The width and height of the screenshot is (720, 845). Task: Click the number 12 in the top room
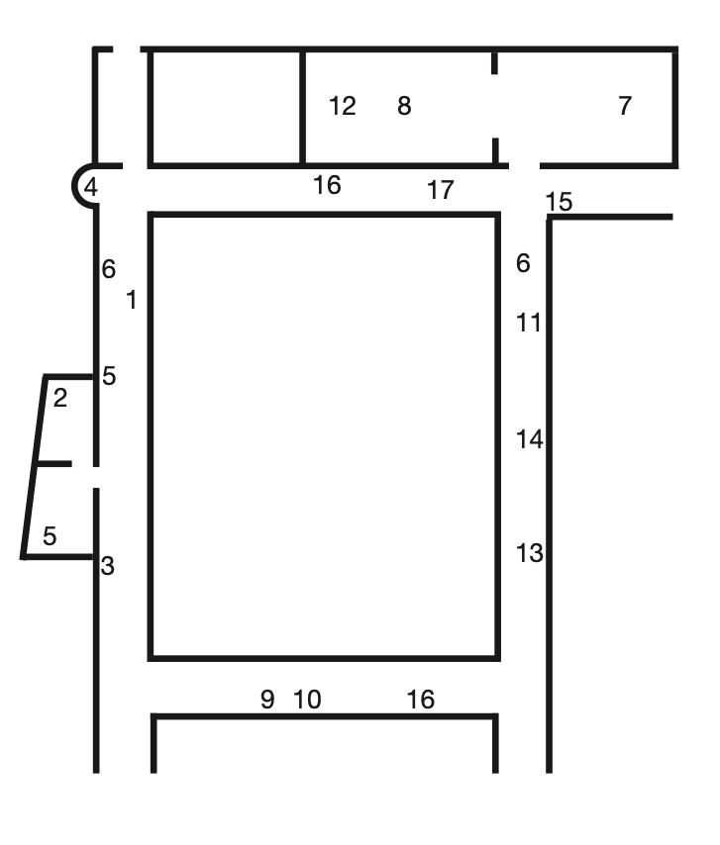pyautogui.click(x=343, y=106)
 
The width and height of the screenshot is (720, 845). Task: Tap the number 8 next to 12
pyautogui.click(x=404, y=106)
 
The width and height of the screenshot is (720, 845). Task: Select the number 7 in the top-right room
pyautogui.click(x=625, y=106)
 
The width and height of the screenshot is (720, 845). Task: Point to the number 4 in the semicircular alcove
pyautogui.click(x=90, y=187)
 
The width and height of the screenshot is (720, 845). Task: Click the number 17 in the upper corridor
pyautogui.click(x=441, y=190)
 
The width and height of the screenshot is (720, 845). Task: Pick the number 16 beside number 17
pyautogui.click(x=328, y=185)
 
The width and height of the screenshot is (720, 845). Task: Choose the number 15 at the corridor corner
pyautogui.click(x=559, y=202)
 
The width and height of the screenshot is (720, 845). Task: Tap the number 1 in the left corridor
pyautogui.click(x=131, y=300)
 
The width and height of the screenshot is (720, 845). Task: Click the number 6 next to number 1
pyautogui.click(x=109, y=269)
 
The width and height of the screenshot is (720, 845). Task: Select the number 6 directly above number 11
pyautogui.click(x=523, y=263)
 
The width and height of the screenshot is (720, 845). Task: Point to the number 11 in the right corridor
pyautogui.click(x=529, y=323)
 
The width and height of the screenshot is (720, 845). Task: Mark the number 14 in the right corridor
pyautogui.click(x=530, y=439)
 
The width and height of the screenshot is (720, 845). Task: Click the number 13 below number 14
pyautogui.click(x=530, y=553)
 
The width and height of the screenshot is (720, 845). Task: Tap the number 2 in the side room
pyautogui.click(x=60, y=398)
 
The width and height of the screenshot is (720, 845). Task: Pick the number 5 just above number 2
pyautogui.click(x=109, y=376)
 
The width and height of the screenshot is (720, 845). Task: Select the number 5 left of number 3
pyautogui.click(x=50, y=535)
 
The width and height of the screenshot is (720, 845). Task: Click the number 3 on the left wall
pyautogui.click(x=107, y=566)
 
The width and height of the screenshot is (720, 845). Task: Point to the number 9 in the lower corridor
pyautogui.click(x=267, y=700)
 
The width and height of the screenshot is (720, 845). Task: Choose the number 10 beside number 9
pyautogui.click(x=307, y=700)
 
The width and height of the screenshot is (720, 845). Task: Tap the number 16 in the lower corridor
pyautogui.click(x=421, y=700)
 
